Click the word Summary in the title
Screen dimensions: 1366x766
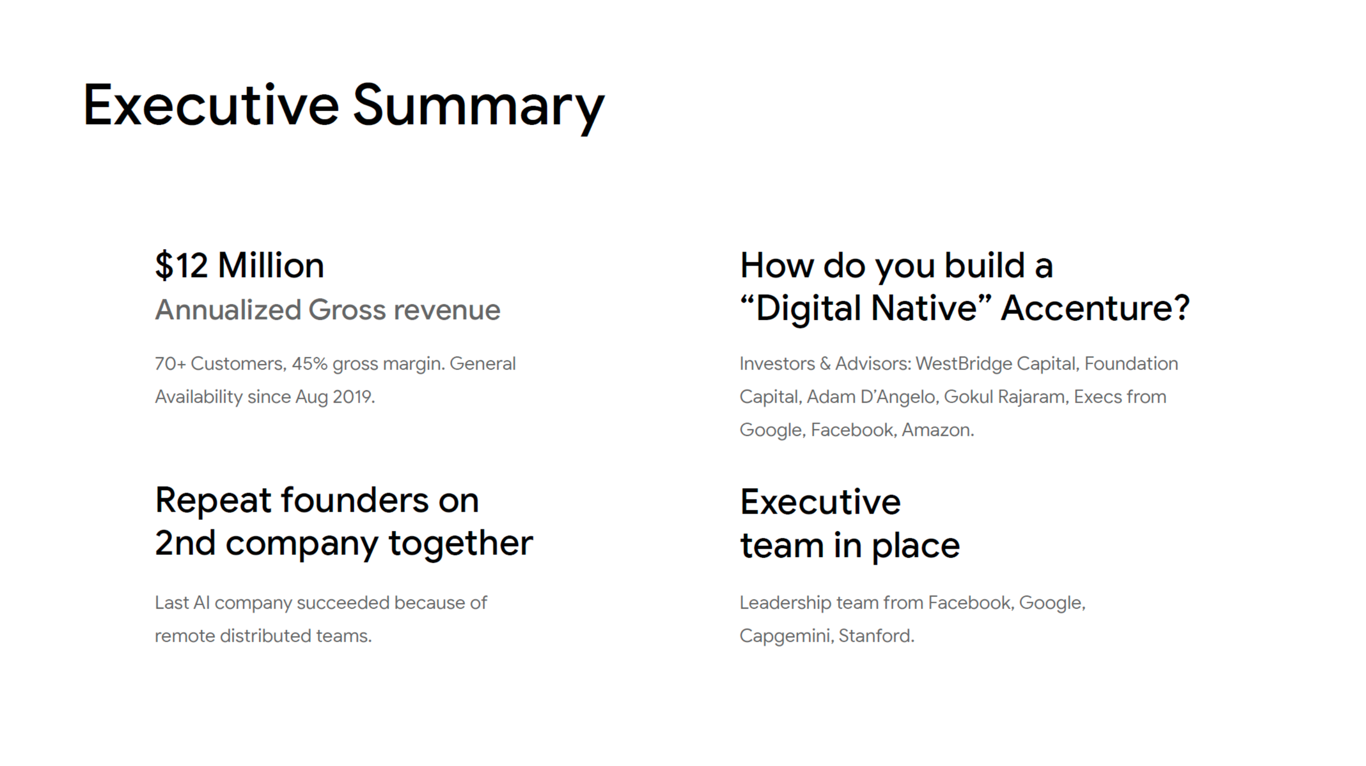coord(478,108)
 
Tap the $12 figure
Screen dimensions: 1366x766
coord(181,265)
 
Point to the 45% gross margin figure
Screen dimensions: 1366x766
coord(309,364)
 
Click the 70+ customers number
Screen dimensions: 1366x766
coord(170,364)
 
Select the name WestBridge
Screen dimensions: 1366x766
coord(963,364)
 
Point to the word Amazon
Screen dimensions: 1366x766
coord(938,430)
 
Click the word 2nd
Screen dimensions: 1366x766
coord(185,543)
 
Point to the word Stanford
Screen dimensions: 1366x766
coord(877,636)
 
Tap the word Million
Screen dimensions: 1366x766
coord(271,265)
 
